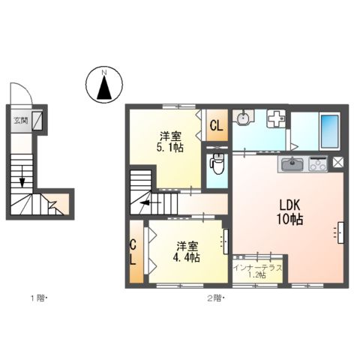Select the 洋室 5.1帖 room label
tap(169, 142)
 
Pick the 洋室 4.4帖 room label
tap(188, 251)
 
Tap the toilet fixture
tap(217, 164)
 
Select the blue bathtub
tap(329, 132)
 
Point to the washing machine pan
tap(275, 119)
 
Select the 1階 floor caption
tap(38, 299)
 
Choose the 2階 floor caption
tap(215, 299)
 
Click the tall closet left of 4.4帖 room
tap(134, 252)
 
